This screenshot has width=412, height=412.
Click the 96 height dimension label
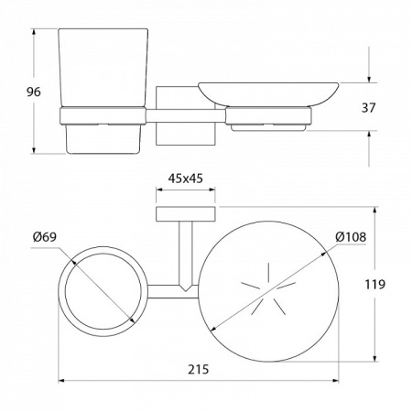click(33, 92)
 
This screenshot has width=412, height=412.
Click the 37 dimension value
click(368, 108)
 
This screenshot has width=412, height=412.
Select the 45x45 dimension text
click(185, 179)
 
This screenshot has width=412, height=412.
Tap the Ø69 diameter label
click(45, 237)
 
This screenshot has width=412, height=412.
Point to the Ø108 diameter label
click(351, 237)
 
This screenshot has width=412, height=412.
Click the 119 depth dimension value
click(375, 285)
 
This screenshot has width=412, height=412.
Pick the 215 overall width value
click(198, 369)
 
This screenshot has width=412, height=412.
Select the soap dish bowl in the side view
click(268, 94)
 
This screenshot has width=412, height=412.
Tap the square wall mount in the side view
click(186, 115)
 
